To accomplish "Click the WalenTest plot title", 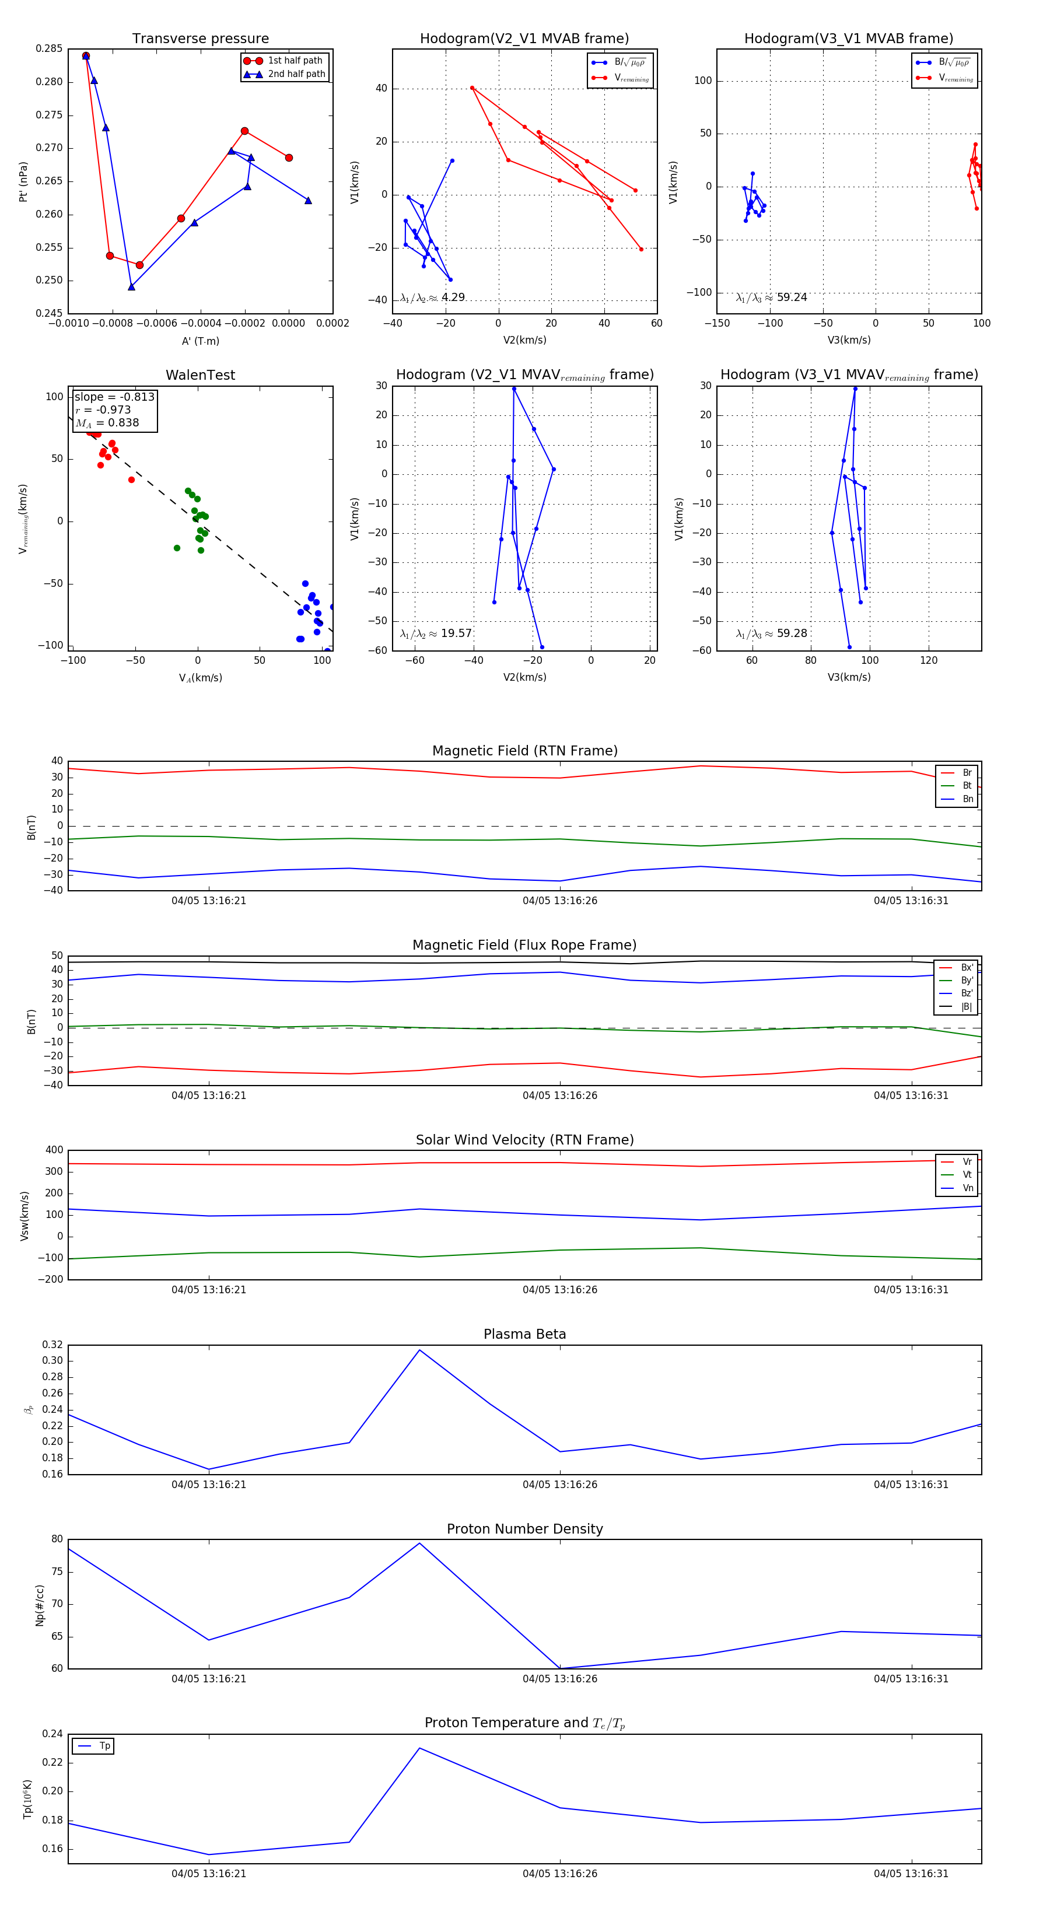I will pos(200,375).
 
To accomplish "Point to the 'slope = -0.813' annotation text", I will pos(114,397).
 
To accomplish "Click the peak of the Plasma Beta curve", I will pos(419,1350).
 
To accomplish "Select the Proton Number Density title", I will pos(524,1529).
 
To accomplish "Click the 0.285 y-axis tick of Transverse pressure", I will pos(50,48).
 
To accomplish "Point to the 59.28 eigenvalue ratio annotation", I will pos(771,633).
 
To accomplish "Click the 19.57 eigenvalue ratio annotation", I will pos(436,633).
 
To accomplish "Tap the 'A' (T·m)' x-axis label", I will pos(200,341).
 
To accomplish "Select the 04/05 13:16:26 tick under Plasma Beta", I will pos(560,1484).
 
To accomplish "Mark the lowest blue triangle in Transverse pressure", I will pos(131,287).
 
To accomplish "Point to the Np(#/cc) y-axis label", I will pos(40,1605).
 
